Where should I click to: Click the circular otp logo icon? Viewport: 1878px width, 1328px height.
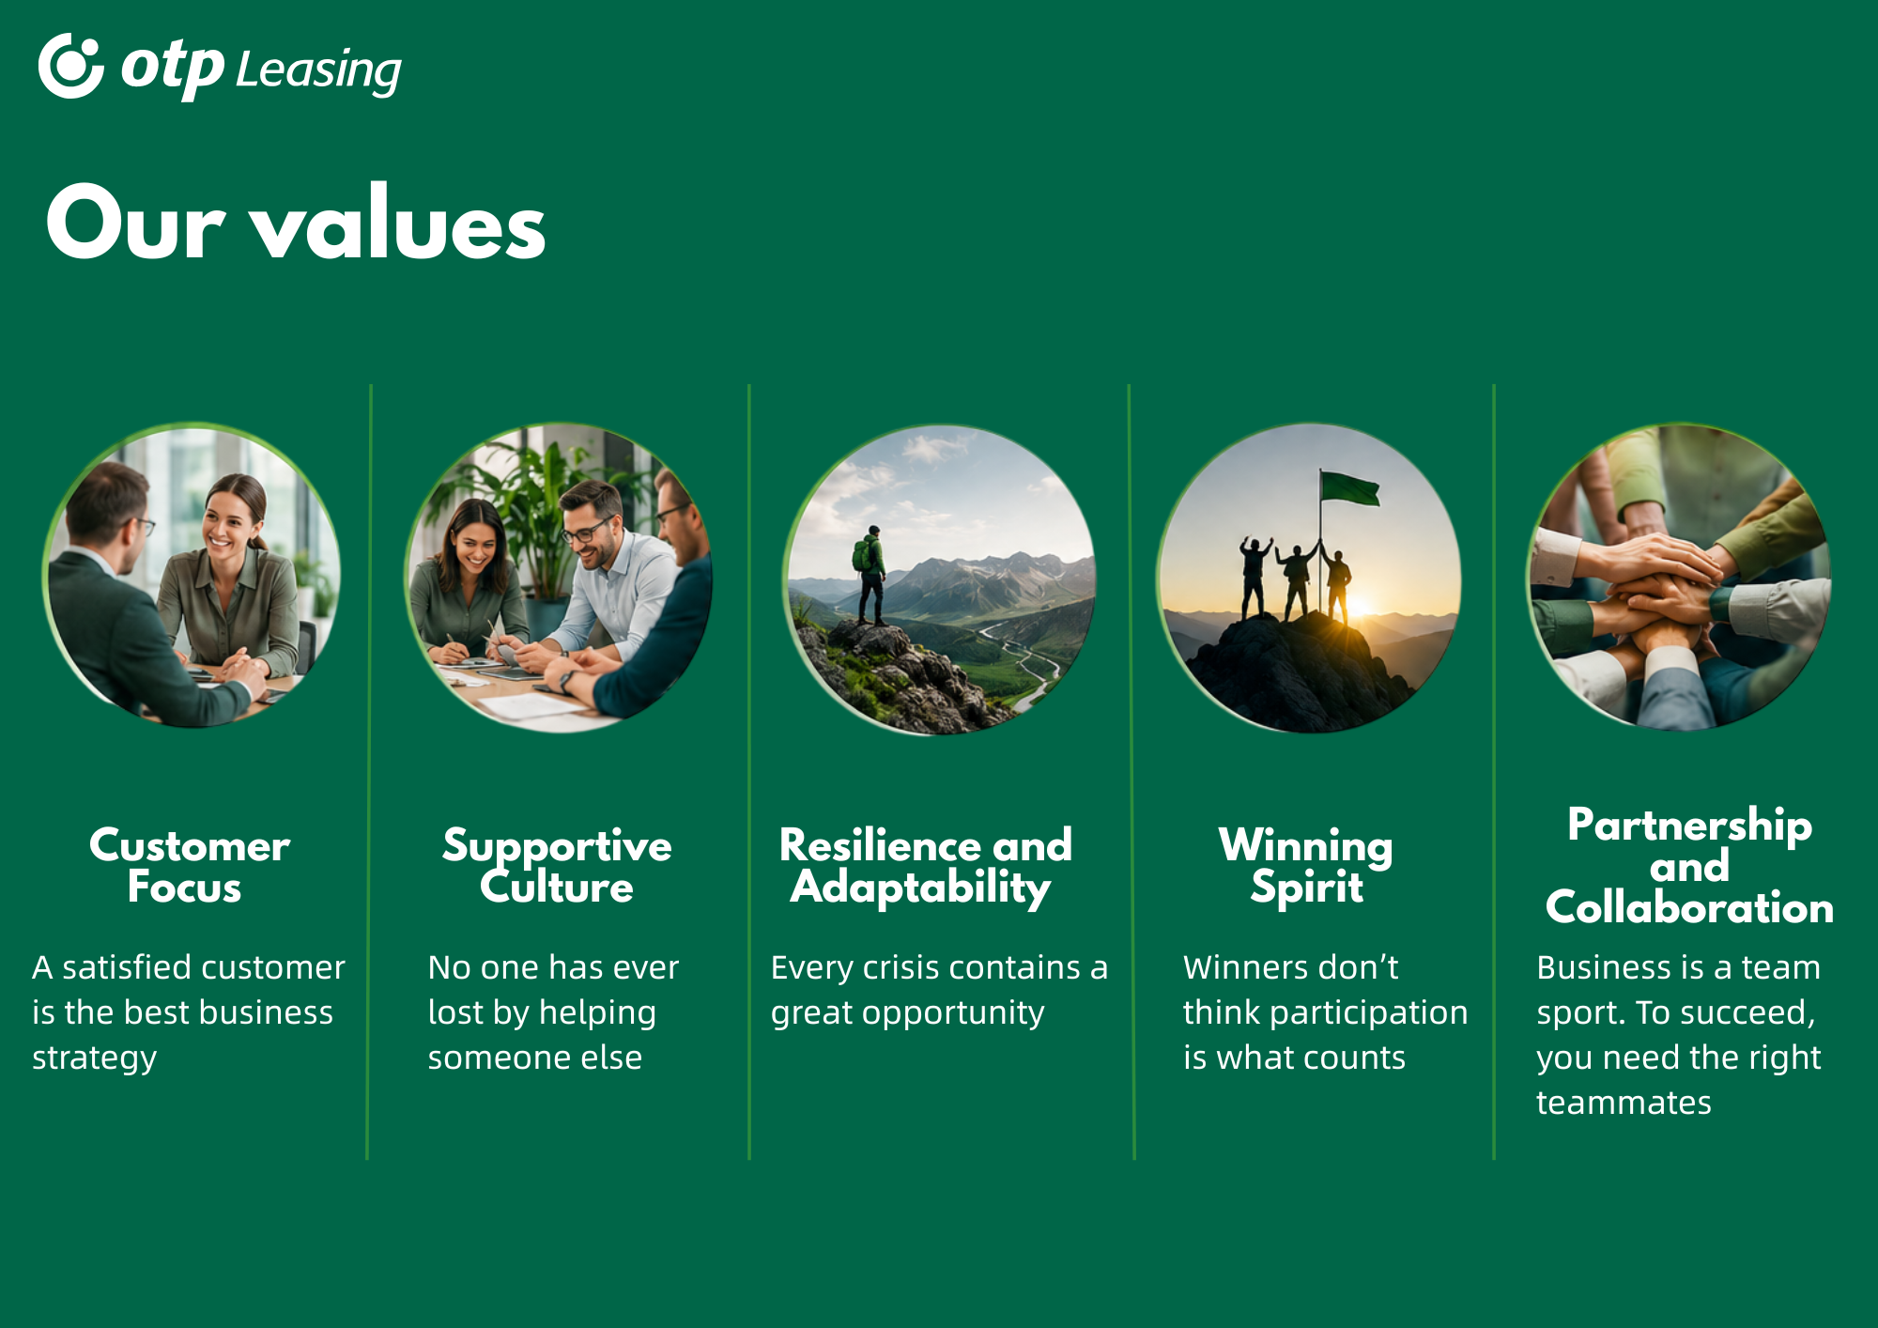click(70, 66)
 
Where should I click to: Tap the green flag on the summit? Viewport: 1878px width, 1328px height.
click(1350, 487)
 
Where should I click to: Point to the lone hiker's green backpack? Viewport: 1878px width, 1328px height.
click(861, 555)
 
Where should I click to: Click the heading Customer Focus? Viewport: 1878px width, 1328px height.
click(189, 866)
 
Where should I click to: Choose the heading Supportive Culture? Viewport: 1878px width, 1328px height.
click(557, 866)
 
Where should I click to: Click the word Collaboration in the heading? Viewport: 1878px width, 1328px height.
click(1689, 907)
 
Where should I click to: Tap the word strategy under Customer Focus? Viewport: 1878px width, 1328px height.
click(94, 1058)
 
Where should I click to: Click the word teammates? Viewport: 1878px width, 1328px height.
click(1624, 1103)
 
